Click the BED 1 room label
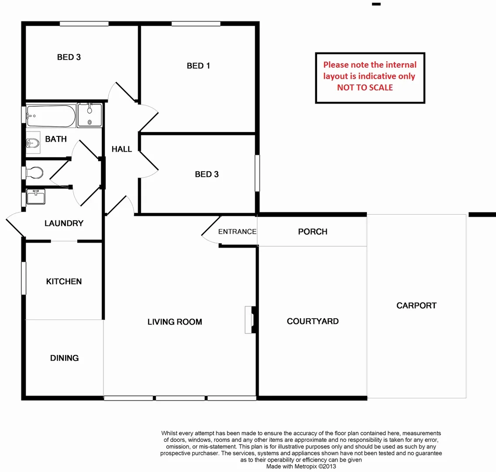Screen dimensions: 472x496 (x=198, y=66)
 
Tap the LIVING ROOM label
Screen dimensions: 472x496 (x=174, y=322)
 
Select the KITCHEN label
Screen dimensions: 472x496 (x=64, y=281)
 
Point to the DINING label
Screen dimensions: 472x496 (x=64, y=358)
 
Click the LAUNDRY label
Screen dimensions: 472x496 (x=64, y=223)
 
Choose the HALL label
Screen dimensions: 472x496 (x=122, y=149)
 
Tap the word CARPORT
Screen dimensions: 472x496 (x=416, y=305)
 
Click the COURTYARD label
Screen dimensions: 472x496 (x=312, y=321)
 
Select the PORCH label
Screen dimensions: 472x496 (x=312, y=232)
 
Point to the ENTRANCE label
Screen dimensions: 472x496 (x=237, y=232)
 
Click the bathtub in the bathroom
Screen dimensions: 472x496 (x=50, y=115)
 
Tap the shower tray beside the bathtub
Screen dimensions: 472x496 (x=90, y=115)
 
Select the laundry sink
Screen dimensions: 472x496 (x=36, y=197)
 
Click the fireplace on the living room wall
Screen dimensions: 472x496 (x=250, y=320)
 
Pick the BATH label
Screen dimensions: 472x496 (x=56, y=139)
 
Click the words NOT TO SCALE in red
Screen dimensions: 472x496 (x=365, y=87)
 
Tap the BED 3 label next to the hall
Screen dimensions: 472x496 (x=207, y=174)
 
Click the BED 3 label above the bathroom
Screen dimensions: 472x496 (x=69, y=57)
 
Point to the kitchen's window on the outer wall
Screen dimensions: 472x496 (x=24, y=278)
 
